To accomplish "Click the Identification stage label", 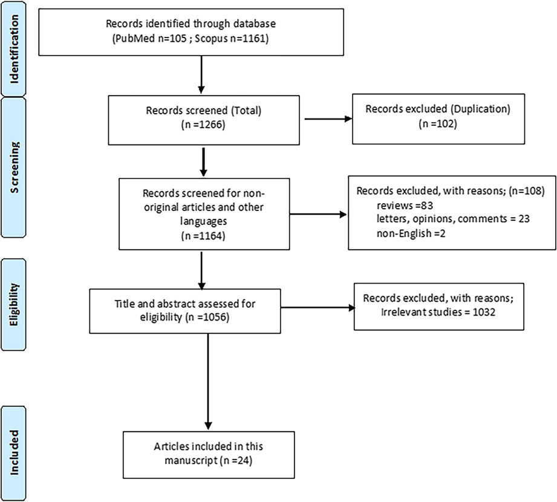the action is pyautogui.click(x=14, y=50).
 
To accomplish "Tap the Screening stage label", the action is pyautogui.click(x=14, y=168).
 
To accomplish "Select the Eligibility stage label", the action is pyautogui.click(x=14, y=304).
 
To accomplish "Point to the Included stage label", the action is pyautogui.click(x=14, y=452).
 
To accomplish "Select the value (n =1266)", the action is pyautogui.click(x=203, y=125).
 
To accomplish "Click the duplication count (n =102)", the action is pyautogui.click(x=438, y=123).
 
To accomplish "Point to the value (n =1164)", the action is pyautogui.click(x=203, y=235).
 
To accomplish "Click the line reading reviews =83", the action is pyautogui.click(x=405, y=206).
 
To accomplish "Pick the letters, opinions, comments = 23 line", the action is pyautogui.click(x=453, y=218).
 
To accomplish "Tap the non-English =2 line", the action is pyautogui.click(x=411, y=233).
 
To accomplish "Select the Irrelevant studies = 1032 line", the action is pyautogui.click(x=438, y=312).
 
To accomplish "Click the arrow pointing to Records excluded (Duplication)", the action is pyautogui.click(x=328, y=119).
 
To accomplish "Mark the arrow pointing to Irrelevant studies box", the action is pyautogui.click(x=318, y=308).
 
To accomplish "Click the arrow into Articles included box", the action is pyautogui.click(x=208, y=381).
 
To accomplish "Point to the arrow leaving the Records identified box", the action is pyautogui.click(x=201, y=74).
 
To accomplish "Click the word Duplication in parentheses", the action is pyautogui.click(x=480, y=109).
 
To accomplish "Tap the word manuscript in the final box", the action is pyautogui.click(x=191, y=460).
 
